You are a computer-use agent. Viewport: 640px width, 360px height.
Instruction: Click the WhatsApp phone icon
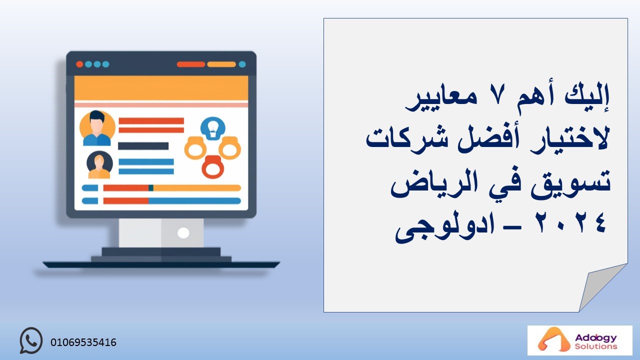[31, 340]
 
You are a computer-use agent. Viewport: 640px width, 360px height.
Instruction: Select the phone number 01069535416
[83, 342]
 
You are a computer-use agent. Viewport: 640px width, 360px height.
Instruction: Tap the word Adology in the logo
[595, 338]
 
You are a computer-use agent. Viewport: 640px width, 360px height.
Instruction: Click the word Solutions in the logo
[596, 346]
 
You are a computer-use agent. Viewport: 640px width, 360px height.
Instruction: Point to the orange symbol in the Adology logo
[550, 339]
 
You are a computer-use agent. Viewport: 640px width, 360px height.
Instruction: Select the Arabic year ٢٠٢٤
[571, 223]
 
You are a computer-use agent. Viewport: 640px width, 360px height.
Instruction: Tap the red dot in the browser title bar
[79, 64]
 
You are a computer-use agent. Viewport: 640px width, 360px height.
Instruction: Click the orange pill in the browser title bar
[221, 64]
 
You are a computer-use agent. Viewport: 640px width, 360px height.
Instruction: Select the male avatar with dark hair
[97, 128]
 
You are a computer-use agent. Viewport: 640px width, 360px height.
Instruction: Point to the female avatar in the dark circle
[99, 165]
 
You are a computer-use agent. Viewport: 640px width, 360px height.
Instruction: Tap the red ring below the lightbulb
[213, 167]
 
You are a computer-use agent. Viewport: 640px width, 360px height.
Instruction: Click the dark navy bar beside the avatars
[143, 146]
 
